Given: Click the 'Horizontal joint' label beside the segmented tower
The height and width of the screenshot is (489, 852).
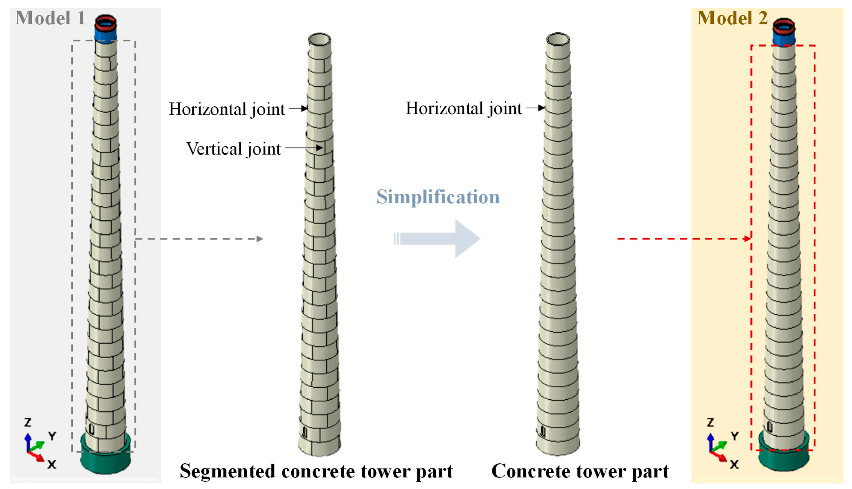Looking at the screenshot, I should tap(227, 109).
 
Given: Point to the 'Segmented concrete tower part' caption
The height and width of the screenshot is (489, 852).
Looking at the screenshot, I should tap(316, 471).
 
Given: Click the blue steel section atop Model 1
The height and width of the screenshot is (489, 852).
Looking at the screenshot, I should tap(106, 35).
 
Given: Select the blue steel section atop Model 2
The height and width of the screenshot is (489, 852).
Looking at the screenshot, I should tap(784, 39).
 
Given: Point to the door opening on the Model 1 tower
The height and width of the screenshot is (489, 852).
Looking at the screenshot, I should tap(91, 429).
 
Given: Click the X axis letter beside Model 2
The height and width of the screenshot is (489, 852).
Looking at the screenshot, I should tap(734, 464).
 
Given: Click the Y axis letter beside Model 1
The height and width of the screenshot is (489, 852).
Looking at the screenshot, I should tap(52, 436).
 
